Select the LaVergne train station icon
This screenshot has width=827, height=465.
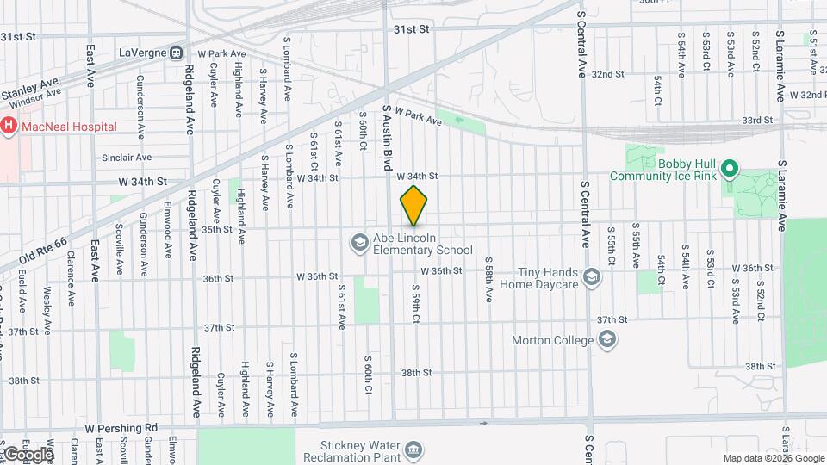click(177, 53)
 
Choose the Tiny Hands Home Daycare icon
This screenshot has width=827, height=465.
click(591, 277)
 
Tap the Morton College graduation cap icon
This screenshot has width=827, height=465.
click(608, 340)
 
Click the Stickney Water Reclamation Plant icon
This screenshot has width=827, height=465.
click(413, 450)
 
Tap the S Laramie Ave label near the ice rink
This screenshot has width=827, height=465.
click(781, 195)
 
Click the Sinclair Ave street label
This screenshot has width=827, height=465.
click(127, 158)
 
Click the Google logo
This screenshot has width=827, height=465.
click(28, 454)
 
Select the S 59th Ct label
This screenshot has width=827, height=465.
click(415, 305)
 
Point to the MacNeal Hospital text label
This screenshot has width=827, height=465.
click(70, 127)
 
